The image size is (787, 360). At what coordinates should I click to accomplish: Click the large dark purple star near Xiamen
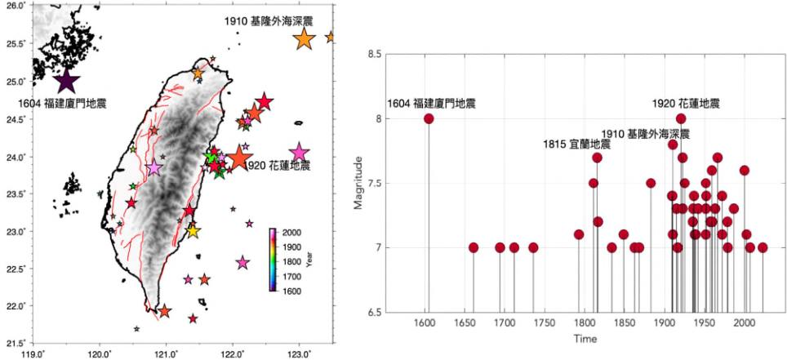(x=66, y=81)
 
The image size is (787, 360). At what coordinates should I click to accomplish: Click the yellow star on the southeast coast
(x=193, y=231)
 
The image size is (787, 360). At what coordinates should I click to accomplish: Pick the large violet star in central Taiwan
(x=154, y=168)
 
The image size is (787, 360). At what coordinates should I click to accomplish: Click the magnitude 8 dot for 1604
(x=429, y=118)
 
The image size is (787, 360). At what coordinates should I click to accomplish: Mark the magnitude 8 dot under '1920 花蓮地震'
(x=681, y=118)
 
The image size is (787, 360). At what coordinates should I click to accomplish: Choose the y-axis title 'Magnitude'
(x=358, y=183)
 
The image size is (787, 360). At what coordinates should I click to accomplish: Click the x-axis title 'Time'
(x=585, y=339)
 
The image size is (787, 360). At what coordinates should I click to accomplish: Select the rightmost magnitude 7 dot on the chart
(x=763, y=247)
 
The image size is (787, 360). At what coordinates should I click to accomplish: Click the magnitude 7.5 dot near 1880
(x=651, y=183)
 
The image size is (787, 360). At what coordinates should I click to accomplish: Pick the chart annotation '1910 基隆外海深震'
(x=646, y=134)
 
